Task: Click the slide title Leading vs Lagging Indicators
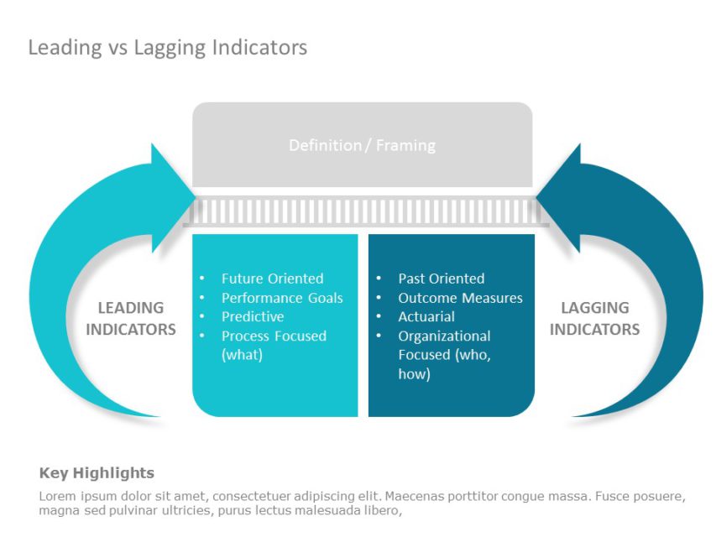click(x=168, y=47)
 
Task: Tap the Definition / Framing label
click(x=362, y=145)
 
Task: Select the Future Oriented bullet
click(x=272, y=279)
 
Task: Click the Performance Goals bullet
click(x=282, y=298)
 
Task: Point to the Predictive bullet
click(x=253, y=317)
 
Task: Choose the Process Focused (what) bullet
click(x=274, y=345)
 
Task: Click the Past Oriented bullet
click(x=441, y=279)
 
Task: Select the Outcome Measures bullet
click(x=460, y=298)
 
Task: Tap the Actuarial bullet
click(x=426, y=317)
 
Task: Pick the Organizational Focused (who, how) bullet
click(x=444, y=355)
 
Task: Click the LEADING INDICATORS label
click(x=131, y=319)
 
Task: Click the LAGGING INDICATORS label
click(x=594, y=319)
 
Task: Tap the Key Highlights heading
click(x=97, y=473)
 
